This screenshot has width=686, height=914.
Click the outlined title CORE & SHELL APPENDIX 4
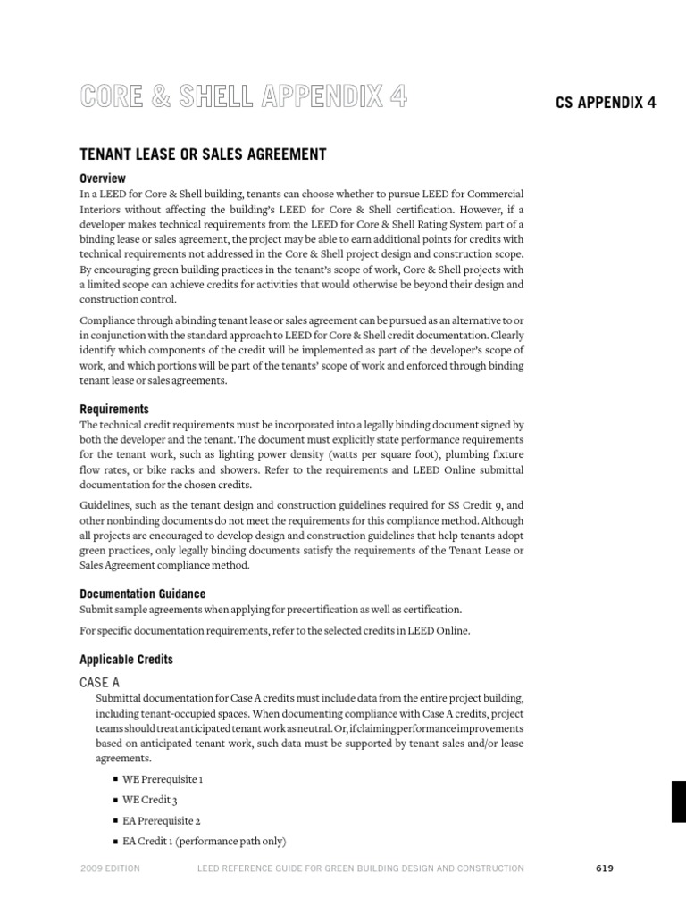point(244,97)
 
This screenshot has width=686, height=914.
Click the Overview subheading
point(103,178)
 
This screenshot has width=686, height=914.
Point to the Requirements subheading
point(114,409)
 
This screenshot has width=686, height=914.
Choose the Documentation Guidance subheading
point(143,594)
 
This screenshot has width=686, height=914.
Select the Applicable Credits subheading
point(127,660)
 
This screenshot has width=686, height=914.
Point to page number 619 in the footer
point(605,868)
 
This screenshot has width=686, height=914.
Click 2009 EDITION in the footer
point(110,868)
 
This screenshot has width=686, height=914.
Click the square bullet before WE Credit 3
point(116,800)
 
